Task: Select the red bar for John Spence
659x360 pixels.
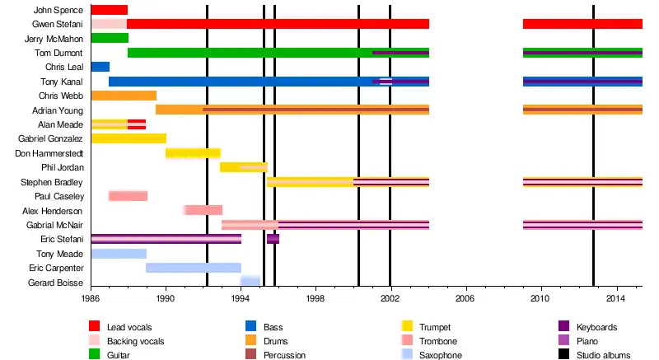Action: coord(109,10)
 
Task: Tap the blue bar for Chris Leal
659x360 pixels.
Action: coord(100,67)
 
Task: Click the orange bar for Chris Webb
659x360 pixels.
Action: coord(124,96)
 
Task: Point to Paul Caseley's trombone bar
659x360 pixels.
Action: coord(128,196)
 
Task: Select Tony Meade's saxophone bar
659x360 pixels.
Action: coord(119,254)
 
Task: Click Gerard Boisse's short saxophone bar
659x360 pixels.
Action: coord(250,282)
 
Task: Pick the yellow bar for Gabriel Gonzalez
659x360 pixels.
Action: coord(129,138)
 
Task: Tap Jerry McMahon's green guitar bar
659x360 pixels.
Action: coord(110,38)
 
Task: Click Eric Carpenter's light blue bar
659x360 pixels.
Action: coord(194,268)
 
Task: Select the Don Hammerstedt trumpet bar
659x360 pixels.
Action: coord(193,153)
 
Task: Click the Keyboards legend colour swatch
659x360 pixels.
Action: coord(564,327)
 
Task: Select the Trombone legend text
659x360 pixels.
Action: coord(438,341)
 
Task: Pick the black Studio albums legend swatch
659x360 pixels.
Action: coord(564,355)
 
